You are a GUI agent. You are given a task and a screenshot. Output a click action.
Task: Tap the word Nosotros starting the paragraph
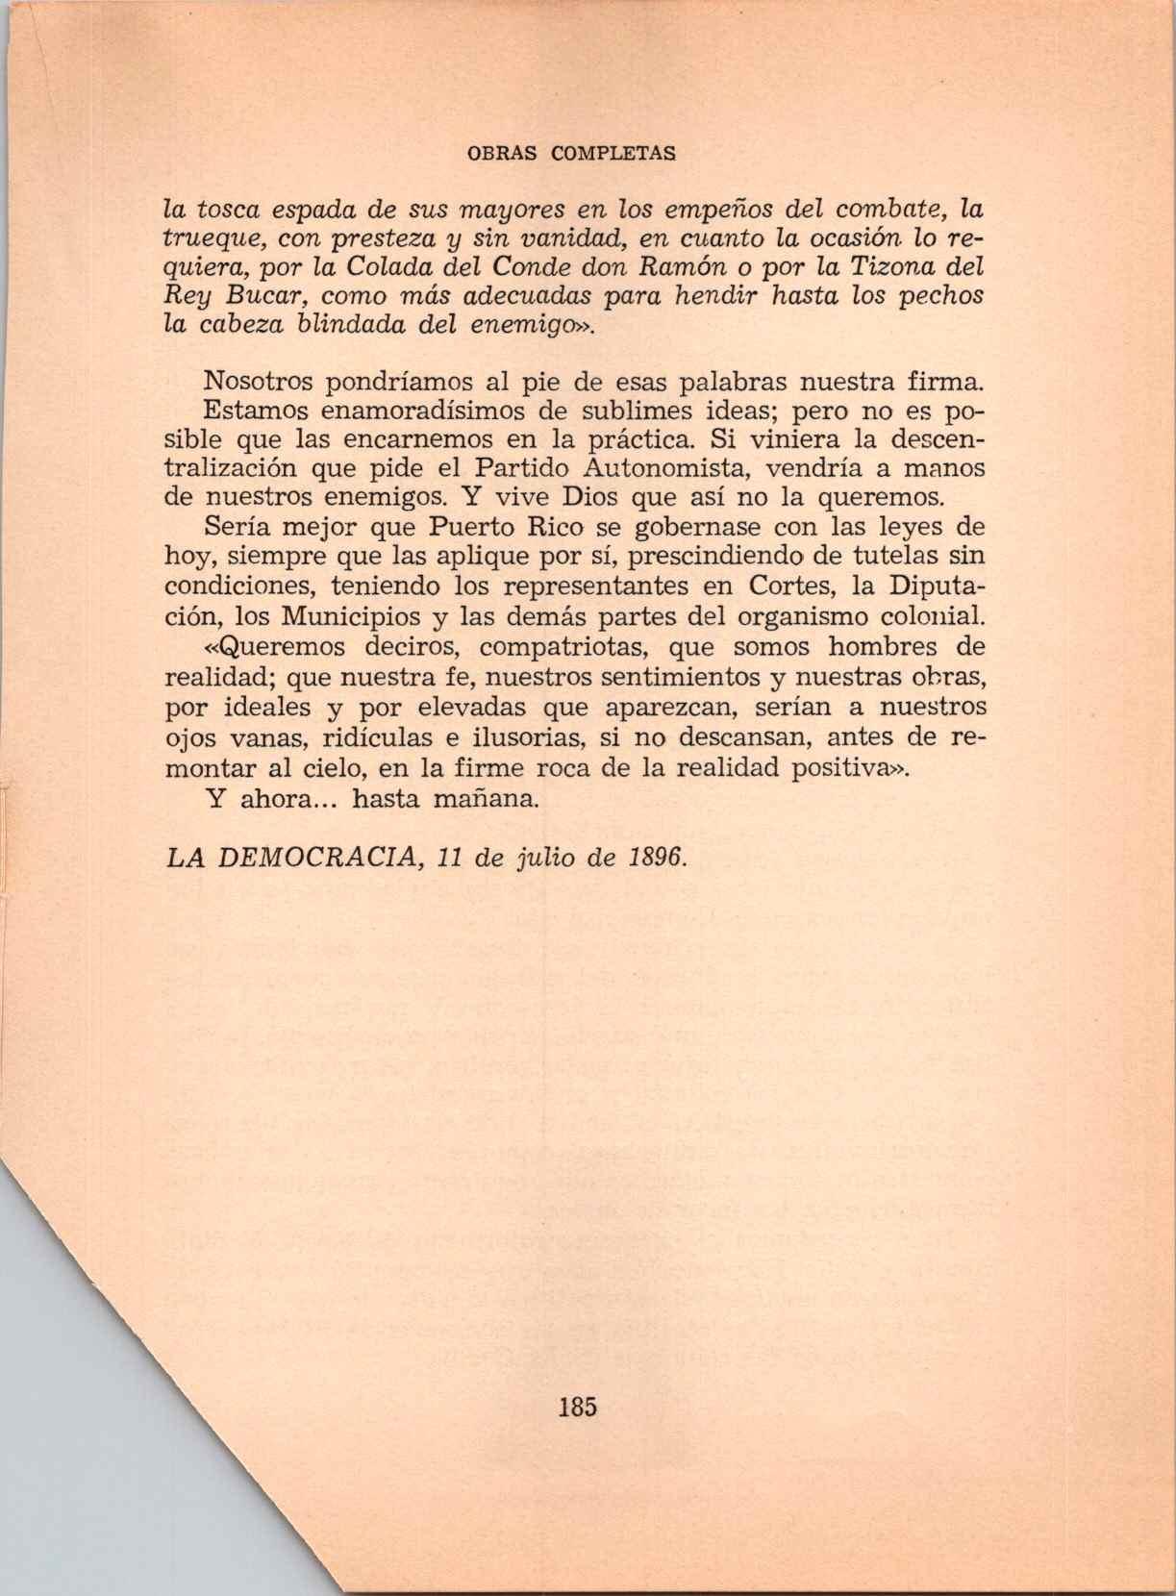tap(259, 382)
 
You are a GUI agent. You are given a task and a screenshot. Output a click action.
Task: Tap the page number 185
tap(576, 1407)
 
